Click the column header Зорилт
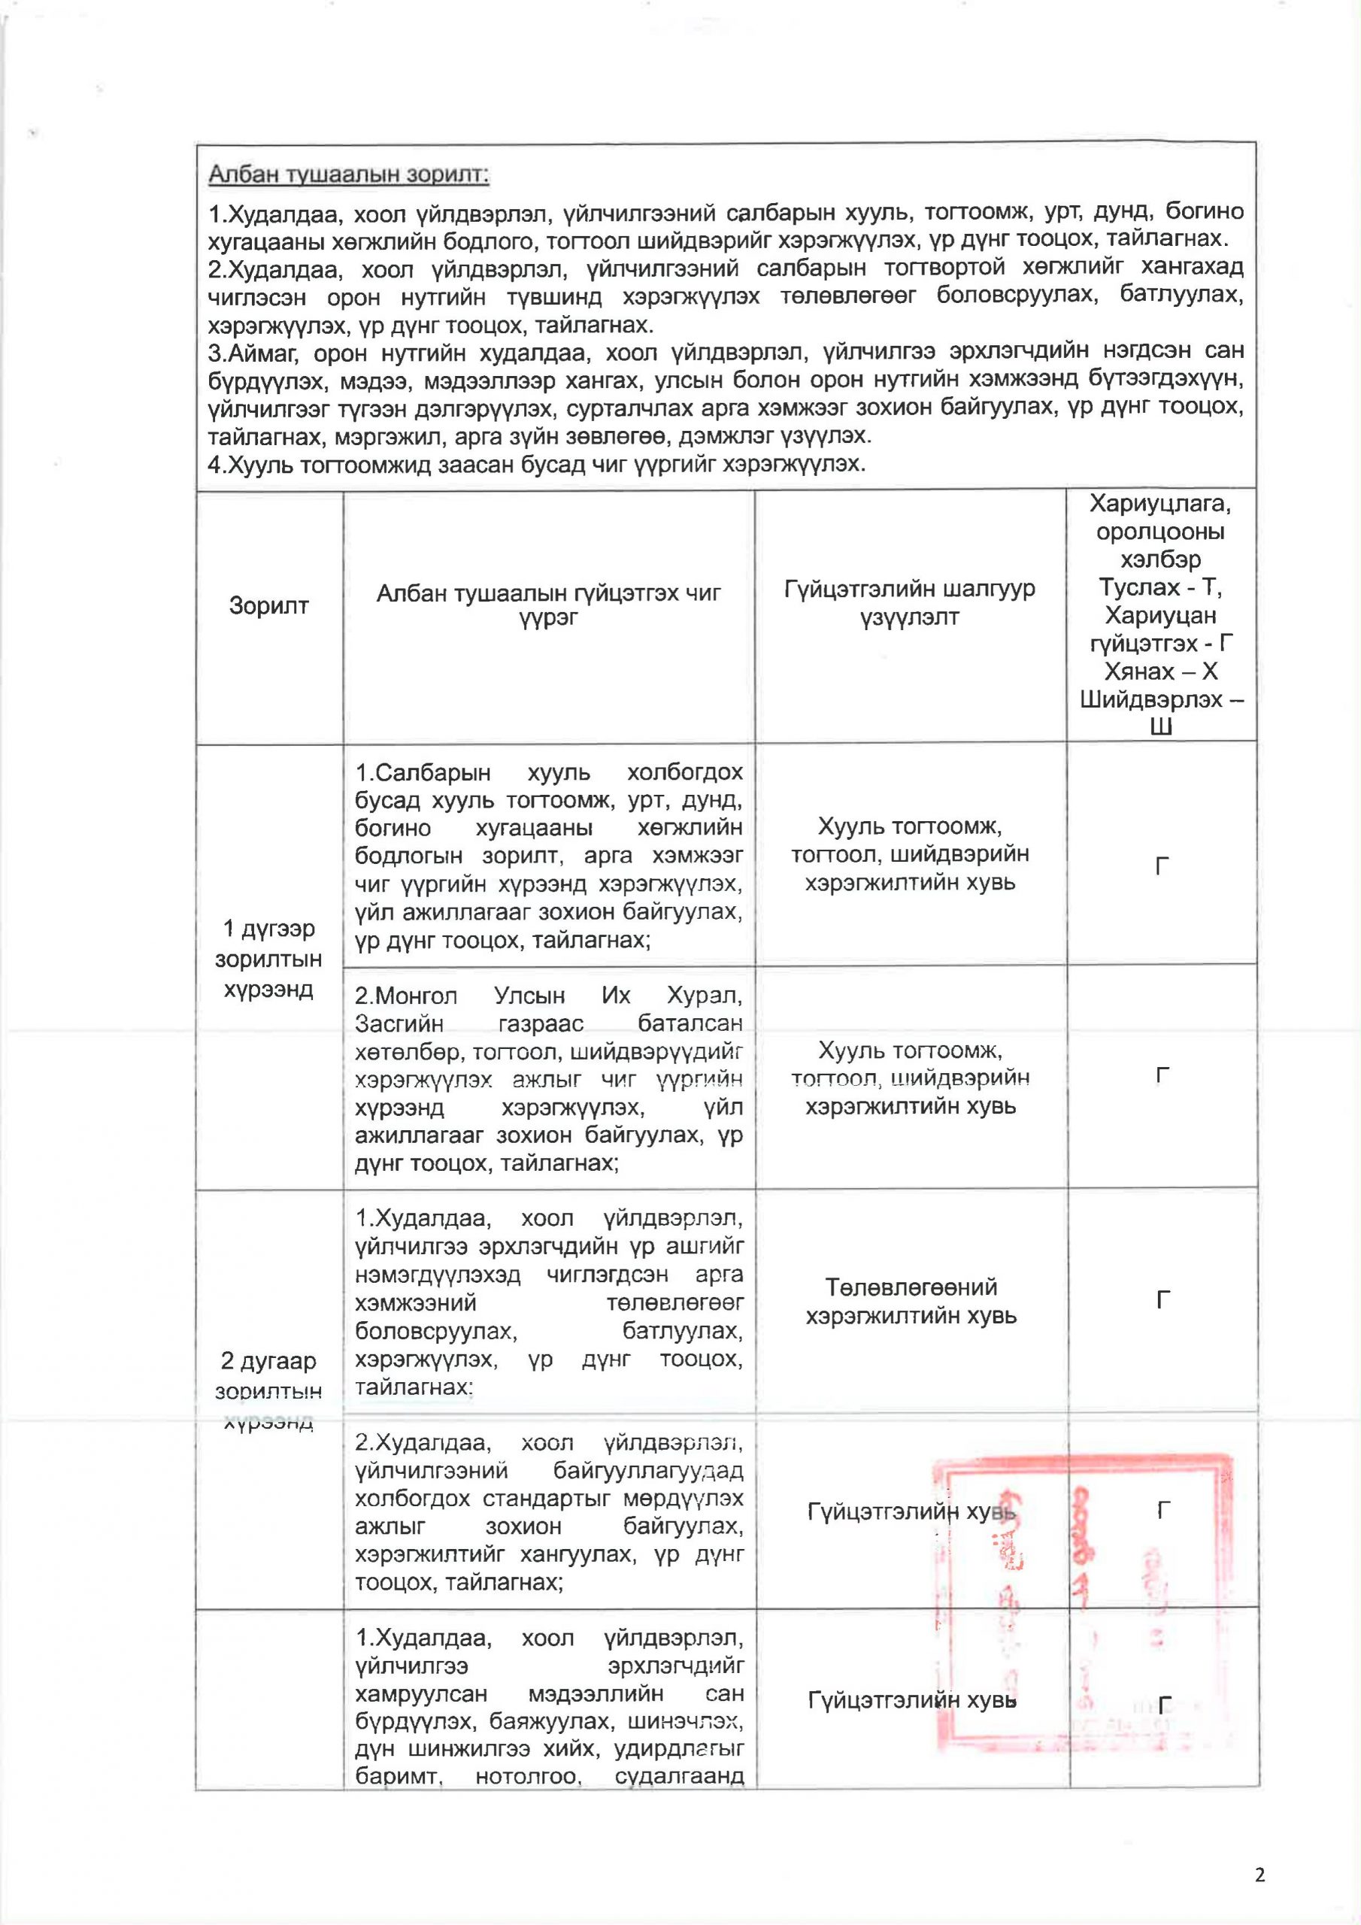[x=268, y=605]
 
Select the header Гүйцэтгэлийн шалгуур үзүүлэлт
[x=910, y=603]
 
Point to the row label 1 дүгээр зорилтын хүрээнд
[x=268, y=958]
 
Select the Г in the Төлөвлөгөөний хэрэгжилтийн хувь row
[x=1162, y=1300]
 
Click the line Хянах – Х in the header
[x=1162, y=671]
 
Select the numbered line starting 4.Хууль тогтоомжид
[x=537, y=464]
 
